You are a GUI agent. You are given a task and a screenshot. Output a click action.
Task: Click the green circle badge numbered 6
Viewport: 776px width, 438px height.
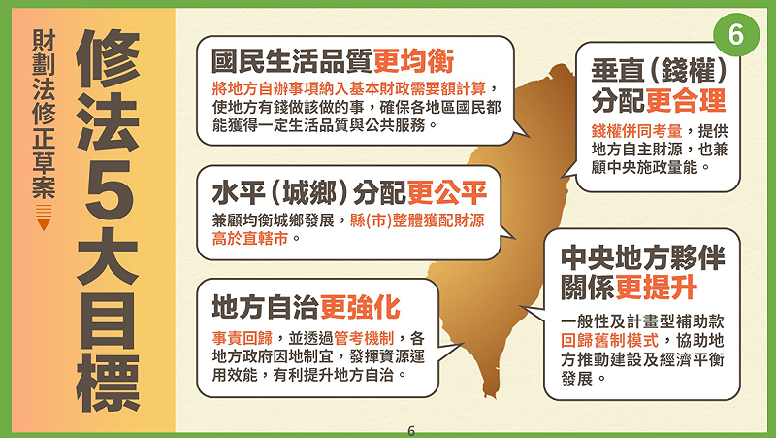(x=734, y=33)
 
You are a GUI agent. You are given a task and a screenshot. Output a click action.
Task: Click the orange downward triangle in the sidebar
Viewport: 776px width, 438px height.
(x=42, y=225)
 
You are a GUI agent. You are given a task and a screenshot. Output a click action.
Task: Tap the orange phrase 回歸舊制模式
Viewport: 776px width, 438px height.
(x=609, y=341)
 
